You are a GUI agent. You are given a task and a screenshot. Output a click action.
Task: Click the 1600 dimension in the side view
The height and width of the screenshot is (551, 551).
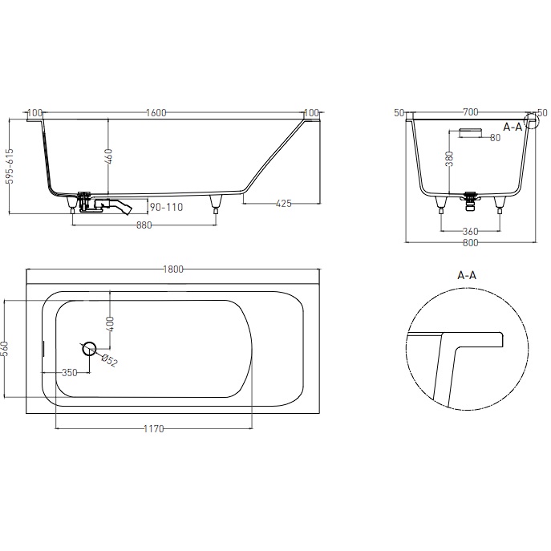[x=156, y=113]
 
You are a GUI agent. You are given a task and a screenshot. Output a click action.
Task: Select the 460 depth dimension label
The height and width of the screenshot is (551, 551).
[x=107, y=158]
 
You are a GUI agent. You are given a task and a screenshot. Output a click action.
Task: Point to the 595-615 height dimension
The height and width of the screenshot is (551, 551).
[x=9, y=167]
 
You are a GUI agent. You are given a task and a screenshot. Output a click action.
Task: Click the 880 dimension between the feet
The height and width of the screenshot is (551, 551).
[x=144, y=225]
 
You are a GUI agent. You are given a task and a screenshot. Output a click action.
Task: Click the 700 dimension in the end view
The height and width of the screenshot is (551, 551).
[x=471, y=113]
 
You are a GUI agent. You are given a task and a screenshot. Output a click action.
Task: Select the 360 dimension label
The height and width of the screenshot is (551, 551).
[x=470, y=232]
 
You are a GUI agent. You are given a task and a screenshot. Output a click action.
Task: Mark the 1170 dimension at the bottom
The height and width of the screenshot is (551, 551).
[x=153, y=429]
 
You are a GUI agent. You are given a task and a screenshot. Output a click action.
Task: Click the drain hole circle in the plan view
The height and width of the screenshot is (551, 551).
[x=89, y=348]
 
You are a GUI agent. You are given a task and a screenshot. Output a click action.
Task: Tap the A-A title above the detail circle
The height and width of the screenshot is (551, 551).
[x=467, y=275]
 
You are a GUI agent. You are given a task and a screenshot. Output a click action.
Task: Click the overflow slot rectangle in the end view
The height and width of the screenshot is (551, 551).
[x=469, y=131]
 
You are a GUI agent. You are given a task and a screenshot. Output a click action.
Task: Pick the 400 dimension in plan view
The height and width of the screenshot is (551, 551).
[x=111, y=323]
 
